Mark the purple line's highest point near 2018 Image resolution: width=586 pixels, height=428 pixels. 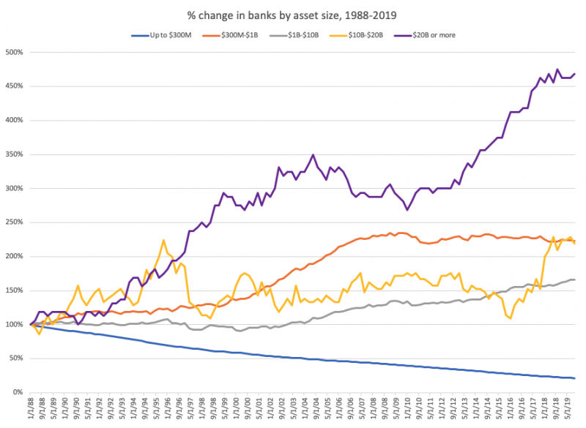[x=557, y=70]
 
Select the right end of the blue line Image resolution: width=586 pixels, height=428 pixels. [x=575, y=378]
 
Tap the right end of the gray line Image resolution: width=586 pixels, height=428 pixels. [x=575, y=279]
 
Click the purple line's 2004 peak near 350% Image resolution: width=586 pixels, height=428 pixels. [x=314, y=155]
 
